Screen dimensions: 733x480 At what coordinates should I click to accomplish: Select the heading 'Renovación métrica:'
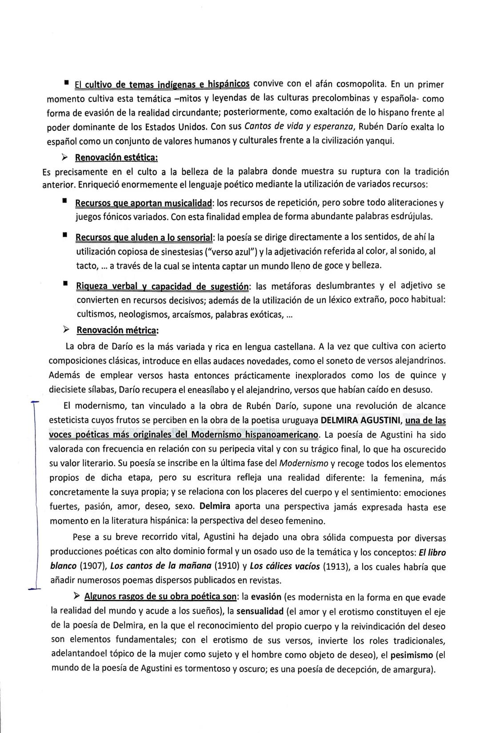point(117,330)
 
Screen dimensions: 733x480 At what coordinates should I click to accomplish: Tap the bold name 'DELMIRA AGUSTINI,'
point(361,420)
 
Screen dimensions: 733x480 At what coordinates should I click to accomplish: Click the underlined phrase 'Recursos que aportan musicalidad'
point(144,203)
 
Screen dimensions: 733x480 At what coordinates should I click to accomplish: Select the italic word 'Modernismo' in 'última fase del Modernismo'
point(304,464)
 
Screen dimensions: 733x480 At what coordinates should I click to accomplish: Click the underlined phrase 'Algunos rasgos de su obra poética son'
point(161,597)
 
